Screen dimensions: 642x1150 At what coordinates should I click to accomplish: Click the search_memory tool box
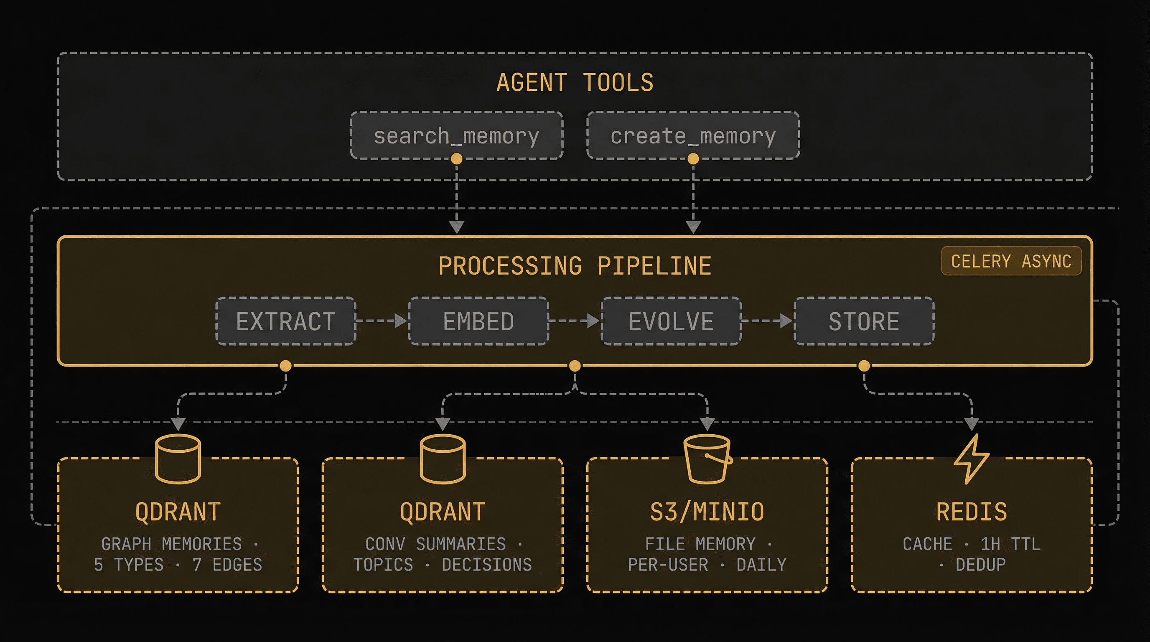(456, 135)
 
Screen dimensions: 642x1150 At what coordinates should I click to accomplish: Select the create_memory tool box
(693, 135)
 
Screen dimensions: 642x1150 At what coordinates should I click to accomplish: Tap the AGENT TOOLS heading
(575, 83)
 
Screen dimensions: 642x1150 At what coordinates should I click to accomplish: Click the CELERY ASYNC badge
(1011, 261)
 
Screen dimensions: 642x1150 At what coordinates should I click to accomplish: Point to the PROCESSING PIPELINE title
(575, 266)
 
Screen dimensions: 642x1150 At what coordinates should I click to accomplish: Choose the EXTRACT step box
(286, 321)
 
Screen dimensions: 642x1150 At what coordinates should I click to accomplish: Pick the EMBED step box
(478, 321)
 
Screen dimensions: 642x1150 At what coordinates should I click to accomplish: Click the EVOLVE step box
(671, 321)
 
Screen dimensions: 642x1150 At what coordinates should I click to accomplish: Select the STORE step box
(864, 321)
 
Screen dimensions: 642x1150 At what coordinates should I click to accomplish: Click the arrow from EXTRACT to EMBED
(382, 321)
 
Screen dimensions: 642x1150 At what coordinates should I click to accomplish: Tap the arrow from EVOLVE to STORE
(767, 321)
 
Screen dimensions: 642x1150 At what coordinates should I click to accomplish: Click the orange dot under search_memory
(456, 158)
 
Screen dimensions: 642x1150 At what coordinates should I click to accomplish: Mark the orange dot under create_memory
(693, 158)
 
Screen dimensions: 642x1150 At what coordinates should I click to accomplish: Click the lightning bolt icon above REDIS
(972, 459)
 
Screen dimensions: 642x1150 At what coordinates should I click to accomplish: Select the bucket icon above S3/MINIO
(707, 459)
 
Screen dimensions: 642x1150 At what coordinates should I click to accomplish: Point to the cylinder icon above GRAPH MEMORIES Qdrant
(178, 459)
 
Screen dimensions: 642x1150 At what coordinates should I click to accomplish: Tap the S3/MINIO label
(707, 512)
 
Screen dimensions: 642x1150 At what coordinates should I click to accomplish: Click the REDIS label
(972, 512)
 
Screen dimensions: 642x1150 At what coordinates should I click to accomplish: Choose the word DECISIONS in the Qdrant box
(486, 565)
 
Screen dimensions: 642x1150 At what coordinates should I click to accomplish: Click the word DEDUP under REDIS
(980, 565)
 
